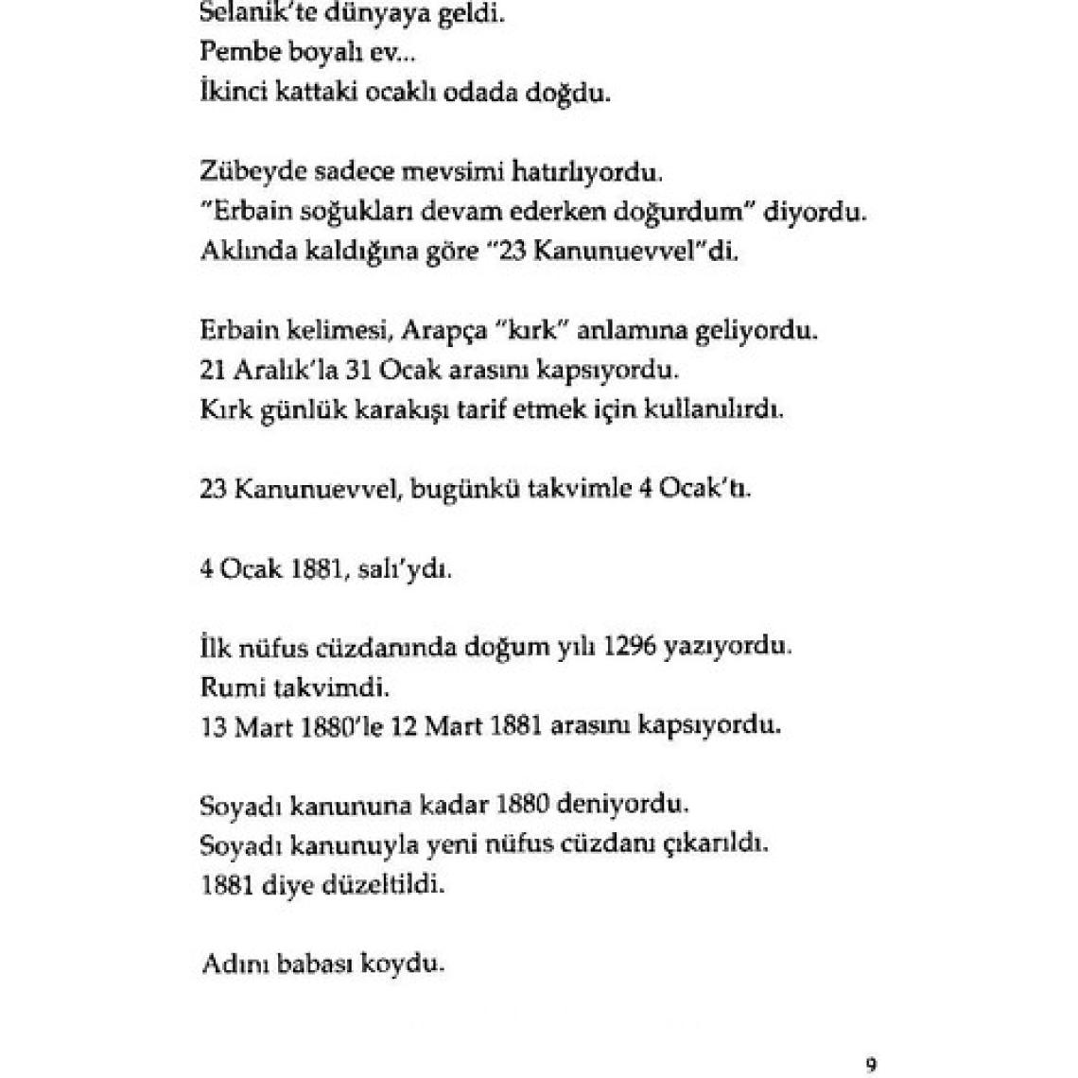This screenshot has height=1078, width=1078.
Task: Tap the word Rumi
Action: point(228,687)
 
